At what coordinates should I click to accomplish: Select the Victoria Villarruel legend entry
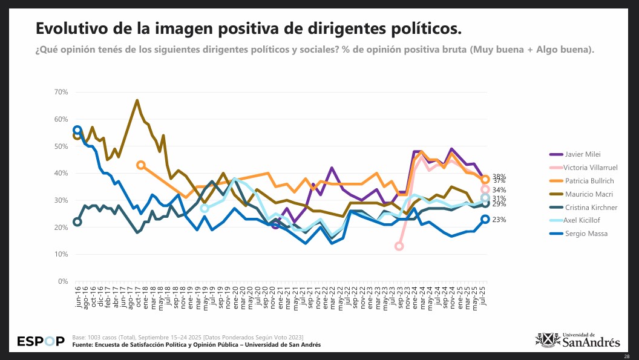[591, 167]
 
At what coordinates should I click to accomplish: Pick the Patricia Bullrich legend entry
[589, 180]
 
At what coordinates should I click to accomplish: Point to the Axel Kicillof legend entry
[583, 220]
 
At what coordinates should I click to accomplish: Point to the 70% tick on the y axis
[61, 92]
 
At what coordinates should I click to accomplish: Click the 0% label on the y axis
[63, 281]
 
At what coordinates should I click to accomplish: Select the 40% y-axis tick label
[61, 173]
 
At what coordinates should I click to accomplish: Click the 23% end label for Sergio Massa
[499, 220]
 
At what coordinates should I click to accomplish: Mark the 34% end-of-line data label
[499, 190]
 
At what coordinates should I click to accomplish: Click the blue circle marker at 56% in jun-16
[77, 130]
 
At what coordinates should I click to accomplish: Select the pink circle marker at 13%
[399, 246]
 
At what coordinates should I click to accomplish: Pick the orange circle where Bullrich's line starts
[141, 165]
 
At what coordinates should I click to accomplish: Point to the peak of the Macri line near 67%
[137, 100]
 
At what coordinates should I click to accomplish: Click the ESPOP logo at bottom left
[40, 341]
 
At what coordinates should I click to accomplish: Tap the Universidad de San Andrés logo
[578, 340]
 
